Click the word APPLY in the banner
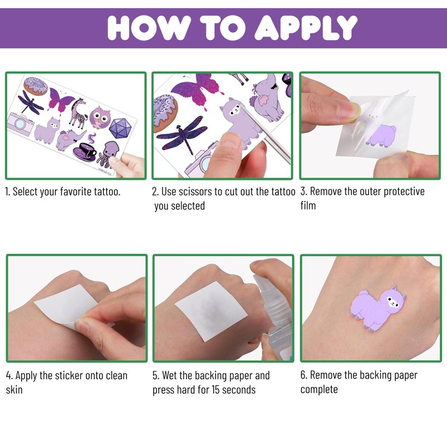tap(306, 27)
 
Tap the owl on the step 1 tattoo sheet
tap(100, 117)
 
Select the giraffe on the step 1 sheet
tap(78, 113)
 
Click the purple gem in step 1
tap(120, 128)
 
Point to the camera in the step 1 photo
tap(20, 123)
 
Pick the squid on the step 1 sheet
tap(107, 154)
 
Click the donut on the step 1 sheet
tap(36, 86)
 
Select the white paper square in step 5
tap(211, 311)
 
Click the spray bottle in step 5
tap(274, 317)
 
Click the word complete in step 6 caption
tap(319, 389)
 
